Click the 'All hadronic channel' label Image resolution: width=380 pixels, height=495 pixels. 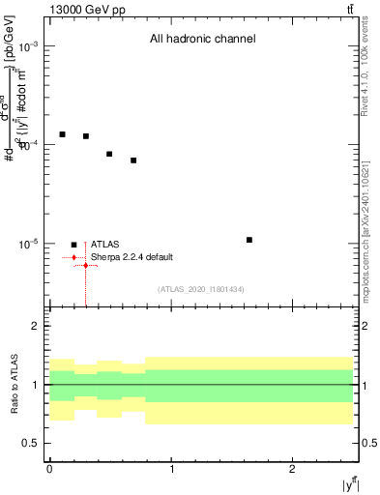(x=202, y=40)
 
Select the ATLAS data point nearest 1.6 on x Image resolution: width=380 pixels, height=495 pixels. (x=249, y=240)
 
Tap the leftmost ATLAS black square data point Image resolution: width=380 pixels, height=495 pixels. (x=62, y=134)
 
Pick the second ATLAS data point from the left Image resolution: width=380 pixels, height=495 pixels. (x=86, y=136)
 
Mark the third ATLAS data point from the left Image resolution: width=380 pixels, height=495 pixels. (x=109, y=154)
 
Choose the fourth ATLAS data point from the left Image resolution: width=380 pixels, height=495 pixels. (x=133, y=160)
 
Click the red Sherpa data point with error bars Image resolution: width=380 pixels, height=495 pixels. (x=86, y=265)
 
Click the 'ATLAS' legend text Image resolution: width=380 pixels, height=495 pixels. (x=104, y=245)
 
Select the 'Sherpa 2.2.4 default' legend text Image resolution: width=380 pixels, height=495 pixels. (x=132, y=257)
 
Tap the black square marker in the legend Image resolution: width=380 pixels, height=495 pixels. (x=73, y=245)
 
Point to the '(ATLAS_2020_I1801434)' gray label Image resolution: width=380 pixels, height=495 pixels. (x=200, y=289)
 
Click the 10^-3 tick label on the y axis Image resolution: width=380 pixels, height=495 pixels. (x=28, y=46)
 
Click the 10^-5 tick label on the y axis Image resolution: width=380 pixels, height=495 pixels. (x=28, y=244)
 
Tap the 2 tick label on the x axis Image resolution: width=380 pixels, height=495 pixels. (x=292, y=468)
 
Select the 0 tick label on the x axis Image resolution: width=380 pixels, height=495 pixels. (x=49, y=468)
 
